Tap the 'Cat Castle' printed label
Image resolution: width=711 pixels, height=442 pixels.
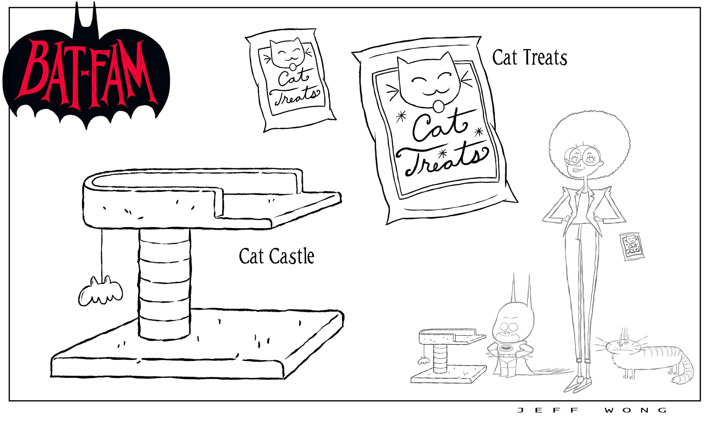[x=276, y=256]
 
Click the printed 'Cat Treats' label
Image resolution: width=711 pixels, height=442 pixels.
[x=529, y=57]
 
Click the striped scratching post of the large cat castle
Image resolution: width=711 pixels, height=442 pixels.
[x=164, y=283]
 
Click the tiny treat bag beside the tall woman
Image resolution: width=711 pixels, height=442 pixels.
[x=632, y=246]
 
